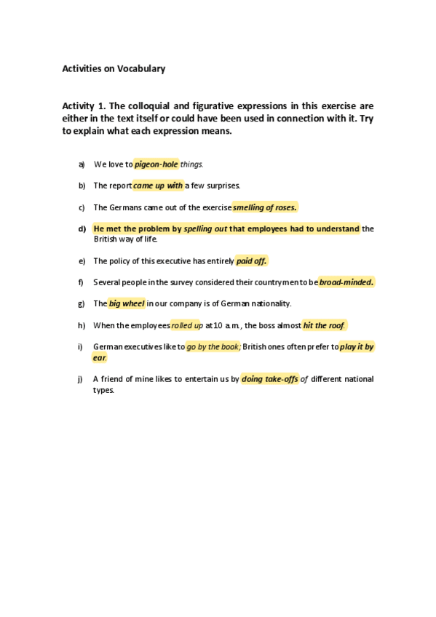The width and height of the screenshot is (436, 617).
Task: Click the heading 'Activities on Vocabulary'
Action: tap(114, 69)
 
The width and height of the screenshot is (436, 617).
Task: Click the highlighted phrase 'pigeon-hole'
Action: tap(156, 164)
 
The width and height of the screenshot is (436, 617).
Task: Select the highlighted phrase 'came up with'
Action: tap(158, 186)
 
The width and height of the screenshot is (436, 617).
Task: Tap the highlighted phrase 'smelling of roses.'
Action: tap(265, 207)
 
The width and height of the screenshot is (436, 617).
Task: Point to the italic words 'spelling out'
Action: tap(205, 228)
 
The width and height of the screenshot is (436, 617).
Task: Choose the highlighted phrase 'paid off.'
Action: tap(252, 260)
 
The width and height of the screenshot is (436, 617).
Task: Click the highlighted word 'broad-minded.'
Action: tap(346, 282)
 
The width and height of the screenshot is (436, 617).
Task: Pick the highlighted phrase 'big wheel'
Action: tap(127, 303)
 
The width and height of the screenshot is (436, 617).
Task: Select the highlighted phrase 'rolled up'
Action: tap(187, 325)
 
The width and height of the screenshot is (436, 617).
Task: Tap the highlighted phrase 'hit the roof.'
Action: tap(324, 325)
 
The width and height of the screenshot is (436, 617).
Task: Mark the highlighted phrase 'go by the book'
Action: tap(213, 347)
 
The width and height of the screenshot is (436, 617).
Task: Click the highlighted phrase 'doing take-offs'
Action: tap(270, 379)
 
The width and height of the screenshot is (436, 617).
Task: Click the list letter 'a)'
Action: tap(82, 164)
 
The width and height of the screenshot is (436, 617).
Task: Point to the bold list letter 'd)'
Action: tap(82, 228)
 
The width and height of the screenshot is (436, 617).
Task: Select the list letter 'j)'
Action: tap(81, 379)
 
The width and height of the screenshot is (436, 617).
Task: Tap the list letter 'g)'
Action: tap(82, 303)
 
